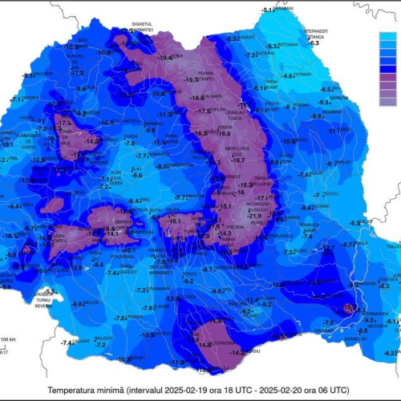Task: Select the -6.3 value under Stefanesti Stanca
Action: coord(314,42)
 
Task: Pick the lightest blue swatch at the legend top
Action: coord(390,37)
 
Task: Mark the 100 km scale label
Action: coord(7,340)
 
